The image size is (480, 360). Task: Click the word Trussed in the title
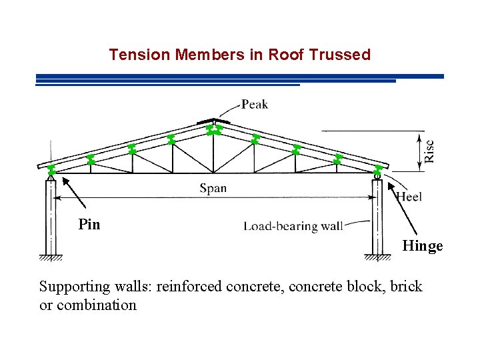coord(341,55)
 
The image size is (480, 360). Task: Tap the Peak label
coord(255,104)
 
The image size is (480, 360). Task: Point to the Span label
coord(213,188)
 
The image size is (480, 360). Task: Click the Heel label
coord(409,197)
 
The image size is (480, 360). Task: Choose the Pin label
coord(89,225)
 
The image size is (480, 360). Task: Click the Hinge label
coord(422,246)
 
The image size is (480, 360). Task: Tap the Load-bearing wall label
coord(293,227)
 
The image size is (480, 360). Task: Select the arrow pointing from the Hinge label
coord(399,207)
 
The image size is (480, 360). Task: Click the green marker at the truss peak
coord(213,129)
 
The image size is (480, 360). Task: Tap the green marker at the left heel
coord(51,169)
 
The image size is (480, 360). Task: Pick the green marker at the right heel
coord(379,170)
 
